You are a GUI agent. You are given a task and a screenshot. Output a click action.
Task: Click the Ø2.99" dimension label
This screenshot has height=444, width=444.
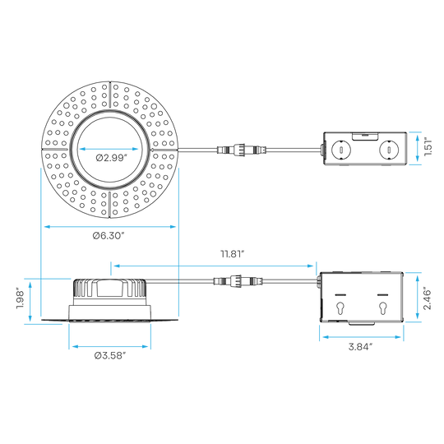pyautogui.click(x=110, y=158)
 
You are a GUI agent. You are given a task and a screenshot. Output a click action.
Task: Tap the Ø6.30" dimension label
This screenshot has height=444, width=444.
pyautogui.click(x=109, y=235)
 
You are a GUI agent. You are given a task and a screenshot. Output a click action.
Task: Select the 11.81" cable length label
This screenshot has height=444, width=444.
pyautogui.click(x=232, y=254)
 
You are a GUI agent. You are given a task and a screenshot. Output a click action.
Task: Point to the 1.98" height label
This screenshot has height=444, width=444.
pyautogui.click(x=20, y=298)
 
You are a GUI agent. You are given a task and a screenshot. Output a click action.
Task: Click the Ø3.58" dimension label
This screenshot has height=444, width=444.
pyautogui.click(x=110, y=356)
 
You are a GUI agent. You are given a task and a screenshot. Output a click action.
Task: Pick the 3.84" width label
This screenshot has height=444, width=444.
pyautogui.click(x=360, y=347)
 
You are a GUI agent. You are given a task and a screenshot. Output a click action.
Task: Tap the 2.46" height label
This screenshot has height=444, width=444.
pyautogui.click(x=428, y=299)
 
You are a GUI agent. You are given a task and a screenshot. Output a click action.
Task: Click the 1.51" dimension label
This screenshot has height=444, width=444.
pyautogui.click(x=428, y=147)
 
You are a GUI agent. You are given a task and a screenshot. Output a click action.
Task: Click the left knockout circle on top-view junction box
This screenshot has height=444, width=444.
pyautogui.click(x=341, y=149)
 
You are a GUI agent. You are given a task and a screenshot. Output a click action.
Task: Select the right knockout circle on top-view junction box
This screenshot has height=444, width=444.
pyautogui.click(x=389, y=149)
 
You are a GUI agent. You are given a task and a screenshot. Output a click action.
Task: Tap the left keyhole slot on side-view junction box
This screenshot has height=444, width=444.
pyautogui.click(x=340, y=308)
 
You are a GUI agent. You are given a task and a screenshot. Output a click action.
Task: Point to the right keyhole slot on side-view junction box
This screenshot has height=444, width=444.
pyautogui.click(x=383, y=308)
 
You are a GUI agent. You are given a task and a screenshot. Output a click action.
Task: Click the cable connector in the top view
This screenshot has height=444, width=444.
pyautogui.click(x=242, y=149)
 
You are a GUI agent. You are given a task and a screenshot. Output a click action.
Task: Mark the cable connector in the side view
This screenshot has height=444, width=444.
pyautogui.click(x=238, y=281)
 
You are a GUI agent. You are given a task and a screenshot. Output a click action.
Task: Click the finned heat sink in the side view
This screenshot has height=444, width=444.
pyautogui.click(x=110, y=289)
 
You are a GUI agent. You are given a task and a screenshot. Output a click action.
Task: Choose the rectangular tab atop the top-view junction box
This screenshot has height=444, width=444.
pyautogui.click(x=365, y=136)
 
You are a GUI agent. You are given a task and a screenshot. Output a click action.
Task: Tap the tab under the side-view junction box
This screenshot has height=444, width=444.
pyautogui.click(x=361, y=323)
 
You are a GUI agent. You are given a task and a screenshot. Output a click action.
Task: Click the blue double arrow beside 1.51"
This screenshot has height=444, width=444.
pyautogui.click(x=418, y=148)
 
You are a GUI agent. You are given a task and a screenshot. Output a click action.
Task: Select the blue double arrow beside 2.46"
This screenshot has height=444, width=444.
pyautogui.click(x=417, y=298)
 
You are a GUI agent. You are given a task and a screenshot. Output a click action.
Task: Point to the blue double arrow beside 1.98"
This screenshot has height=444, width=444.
pyautogui.click(x=30, y=301)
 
